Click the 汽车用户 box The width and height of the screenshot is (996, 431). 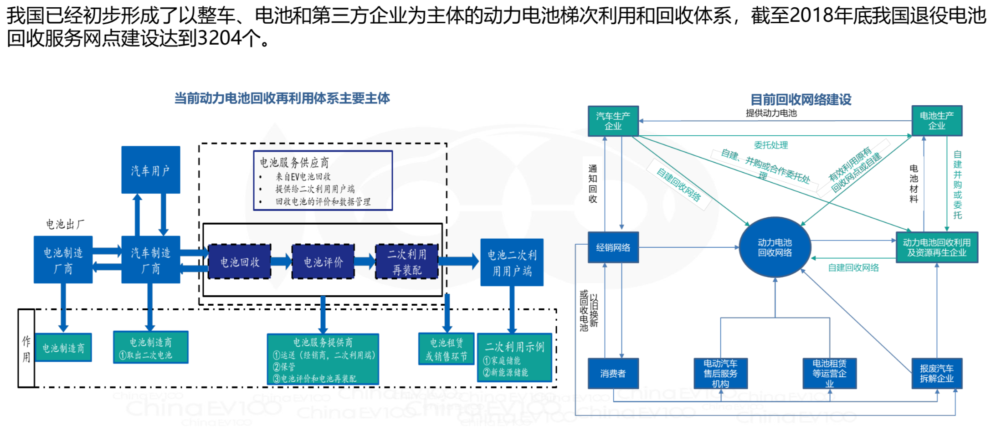click(x=150, y=170)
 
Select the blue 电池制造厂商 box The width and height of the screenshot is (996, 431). click(x=63, y=260)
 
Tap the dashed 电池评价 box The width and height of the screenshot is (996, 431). click(x=323, y=262)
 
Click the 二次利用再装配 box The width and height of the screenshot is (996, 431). click(x=407, y=262)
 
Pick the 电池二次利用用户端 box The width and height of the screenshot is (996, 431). click(x=512, y=262)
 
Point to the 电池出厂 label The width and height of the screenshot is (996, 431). click(x=65, y=224)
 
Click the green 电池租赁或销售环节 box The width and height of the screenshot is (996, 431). click(x=446, y=349)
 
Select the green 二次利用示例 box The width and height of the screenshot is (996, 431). click(x=514, y=358)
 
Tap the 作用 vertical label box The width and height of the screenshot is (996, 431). click(x=26, y=349)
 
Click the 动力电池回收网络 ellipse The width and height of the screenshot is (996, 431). click(x=775, y=247)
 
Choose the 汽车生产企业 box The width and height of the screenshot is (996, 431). click(x=613, y=121)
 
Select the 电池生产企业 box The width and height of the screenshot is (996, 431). click(x=936, y=121)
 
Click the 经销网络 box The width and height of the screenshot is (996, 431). click(x=613, y=247)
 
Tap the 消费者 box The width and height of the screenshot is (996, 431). click(x=613, y=374)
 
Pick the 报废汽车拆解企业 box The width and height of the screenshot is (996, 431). click(x=936, y=374)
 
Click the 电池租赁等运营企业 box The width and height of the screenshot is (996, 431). click(x=829, y=374)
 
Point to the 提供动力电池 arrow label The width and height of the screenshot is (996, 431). click(x=771, y=113)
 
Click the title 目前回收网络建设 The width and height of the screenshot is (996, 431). click(x=801, y=99)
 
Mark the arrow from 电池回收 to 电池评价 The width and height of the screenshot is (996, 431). click(x=282, y=262)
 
